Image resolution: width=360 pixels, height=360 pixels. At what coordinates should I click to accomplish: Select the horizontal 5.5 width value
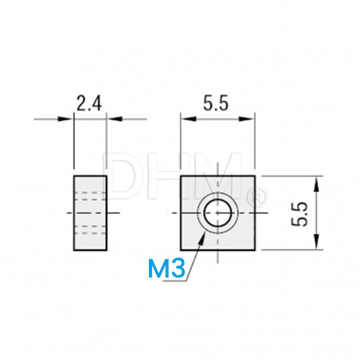pos(217,103)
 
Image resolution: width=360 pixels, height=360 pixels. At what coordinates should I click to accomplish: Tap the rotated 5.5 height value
pos(299,213)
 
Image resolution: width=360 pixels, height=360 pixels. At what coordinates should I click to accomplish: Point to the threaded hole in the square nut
pos(217,213)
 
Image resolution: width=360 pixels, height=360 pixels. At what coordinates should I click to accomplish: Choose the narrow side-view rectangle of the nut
pos(88,213)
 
